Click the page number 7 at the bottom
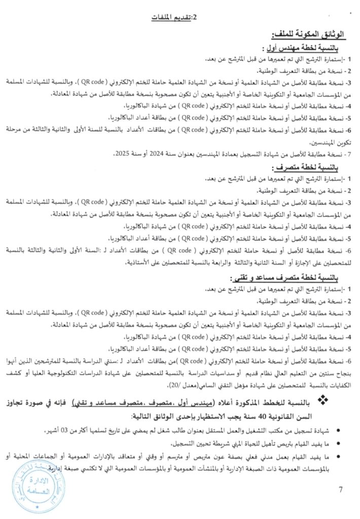[341, 490]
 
